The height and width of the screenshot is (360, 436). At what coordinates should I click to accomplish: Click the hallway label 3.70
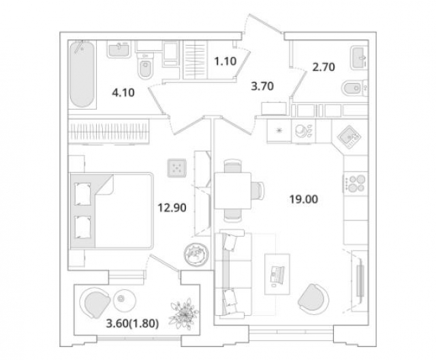point(262,86)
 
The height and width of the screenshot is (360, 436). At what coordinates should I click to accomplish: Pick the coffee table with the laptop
point(277,275)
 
